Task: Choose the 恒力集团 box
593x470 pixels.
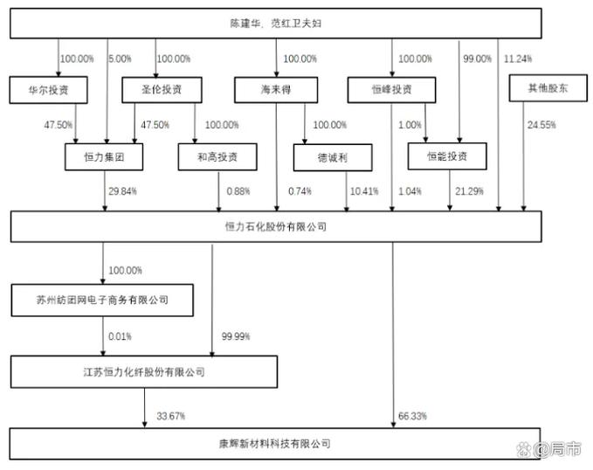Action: [x=104, y=156]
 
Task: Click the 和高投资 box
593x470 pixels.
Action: [x=217, y=156]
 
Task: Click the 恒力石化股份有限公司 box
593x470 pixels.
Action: [x=275, y=226]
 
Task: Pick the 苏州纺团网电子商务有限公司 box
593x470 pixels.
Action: [x=101, y=300]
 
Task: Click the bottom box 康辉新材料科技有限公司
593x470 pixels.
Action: [x=275, y=443]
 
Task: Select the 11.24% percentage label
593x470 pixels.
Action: [x=520, y=59]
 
